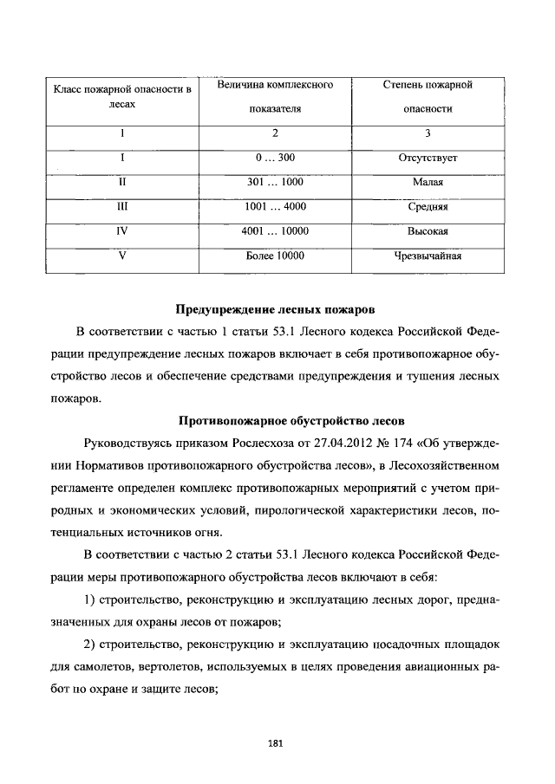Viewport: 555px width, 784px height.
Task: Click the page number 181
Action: coord(277,742)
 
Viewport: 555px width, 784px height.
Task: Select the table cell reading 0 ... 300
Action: coord(274,158)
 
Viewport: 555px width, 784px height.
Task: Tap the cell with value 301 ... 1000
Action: coord(274,183)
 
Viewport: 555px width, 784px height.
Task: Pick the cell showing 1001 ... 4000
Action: coord(274,207)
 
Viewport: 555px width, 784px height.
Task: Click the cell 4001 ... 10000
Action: coord(274,231)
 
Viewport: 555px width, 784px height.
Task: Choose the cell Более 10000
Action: coord(274,256)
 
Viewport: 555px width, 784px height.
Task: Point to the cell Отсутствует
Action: coord(428,158)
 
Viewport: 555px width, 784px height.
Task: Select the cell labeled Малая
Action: coord(428,183)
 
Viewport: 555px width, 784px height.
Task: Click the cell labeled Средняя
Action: coord(428,208)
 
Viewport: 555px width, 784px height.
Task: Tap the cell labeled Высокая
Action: coord(428,232)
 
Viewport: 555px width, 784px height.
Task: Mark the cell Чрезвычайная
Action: coord(428,256)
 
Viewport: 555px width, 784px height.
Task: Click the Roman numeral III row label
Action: coord(122,208)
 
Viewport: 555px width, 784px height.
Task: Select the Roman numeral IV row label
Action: coord(122,232)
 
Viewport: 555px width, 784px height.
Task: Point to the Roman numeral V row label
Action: coord(122,256)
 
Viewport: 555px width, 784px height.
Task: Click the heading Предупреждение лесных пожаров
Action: coord(277,308)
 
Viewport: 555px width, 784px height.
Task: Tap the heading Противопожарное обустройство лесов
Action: coord(277,421)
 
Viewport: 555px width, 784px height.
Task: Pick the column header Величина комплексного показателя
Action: coord(274,98)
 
